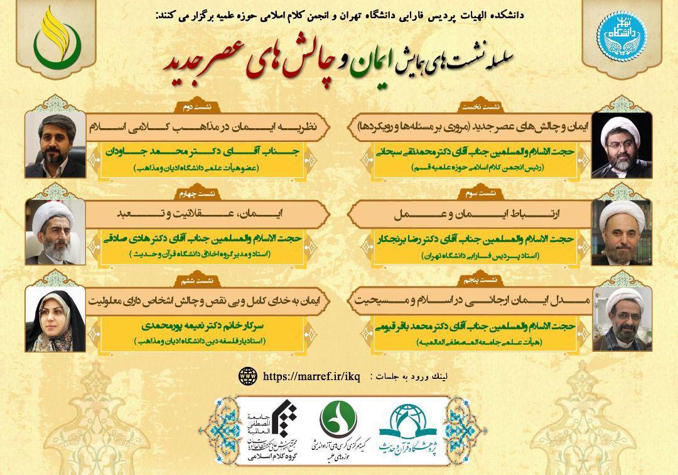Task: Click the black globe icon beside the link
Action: pos(248,376)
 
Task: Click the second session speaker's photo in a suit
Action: pos(55,145)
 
